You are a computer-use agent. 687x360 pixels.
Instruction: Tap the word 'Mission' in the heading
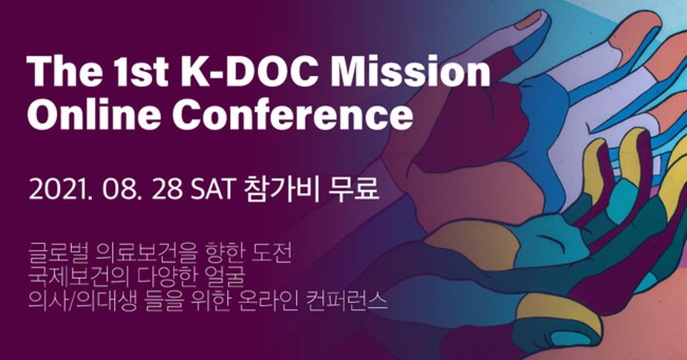[x=410, y=71]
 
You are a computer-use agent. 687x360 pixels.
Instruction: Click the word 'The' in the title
[x=63, y=71]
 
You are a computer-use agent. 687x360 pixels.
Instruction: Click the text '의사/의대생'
[x=78, y=301]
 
